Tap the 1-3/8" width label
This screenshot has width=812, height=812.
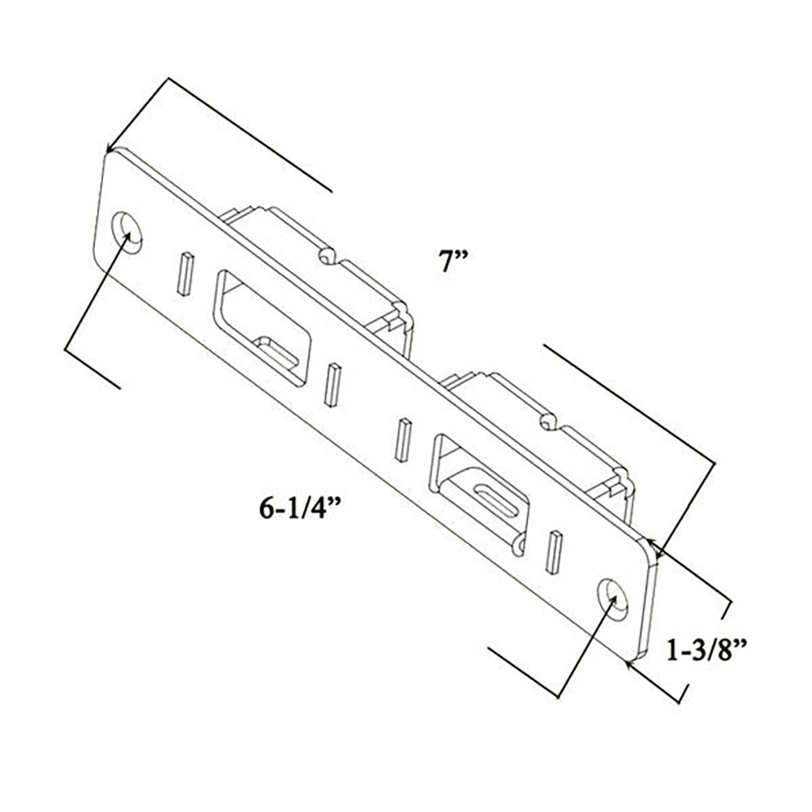[x=706, y=650]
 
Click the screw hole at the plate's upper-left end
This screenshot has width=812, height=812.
[x=127, y=231]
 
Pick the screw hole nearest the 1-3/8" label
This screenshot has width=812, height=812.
[x=614, y=598]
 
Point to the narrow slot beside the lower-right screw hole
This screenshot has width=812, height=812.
[x=555, y=552]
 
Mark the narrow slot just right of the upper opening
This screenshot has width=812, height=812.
[x=331, y=385]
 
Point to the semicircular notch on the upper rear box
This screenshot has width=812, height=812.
[x=326, y=256]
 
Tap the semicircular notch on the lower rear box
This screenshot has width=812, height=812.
[x=548, y=421]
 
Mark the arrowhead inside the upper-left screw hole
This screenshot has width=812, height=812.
[x=127, y=236]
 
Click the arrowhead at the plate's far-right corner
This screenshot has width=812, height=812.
[x=659, y=553]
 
